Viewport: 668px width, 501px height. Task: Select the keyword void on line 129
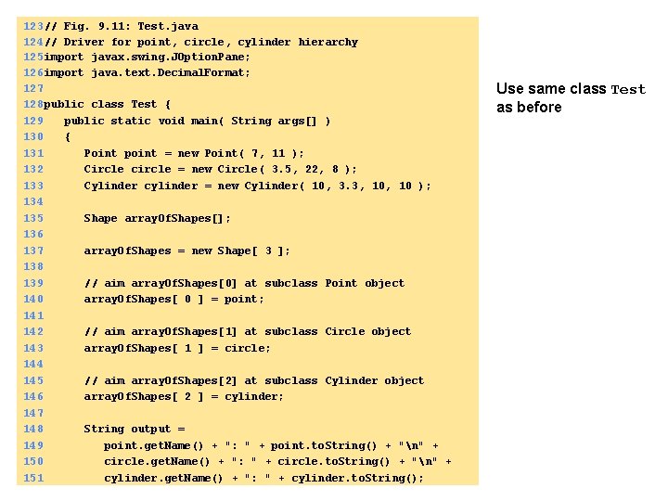point(172,121)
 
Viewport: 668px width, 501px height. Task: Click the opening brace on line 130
point(67,137)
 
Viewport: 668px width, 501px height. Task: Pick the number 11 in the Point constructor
point(278,153)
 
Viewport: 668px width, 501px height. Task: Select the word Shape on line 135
point(100,218)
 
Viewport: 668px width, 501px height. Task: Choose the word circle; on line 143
point(248,348)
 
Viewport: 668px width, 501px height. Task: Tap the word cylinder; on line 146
point(254,396)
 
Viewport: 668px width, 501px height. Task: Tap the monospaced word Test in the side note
point(628,90)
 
